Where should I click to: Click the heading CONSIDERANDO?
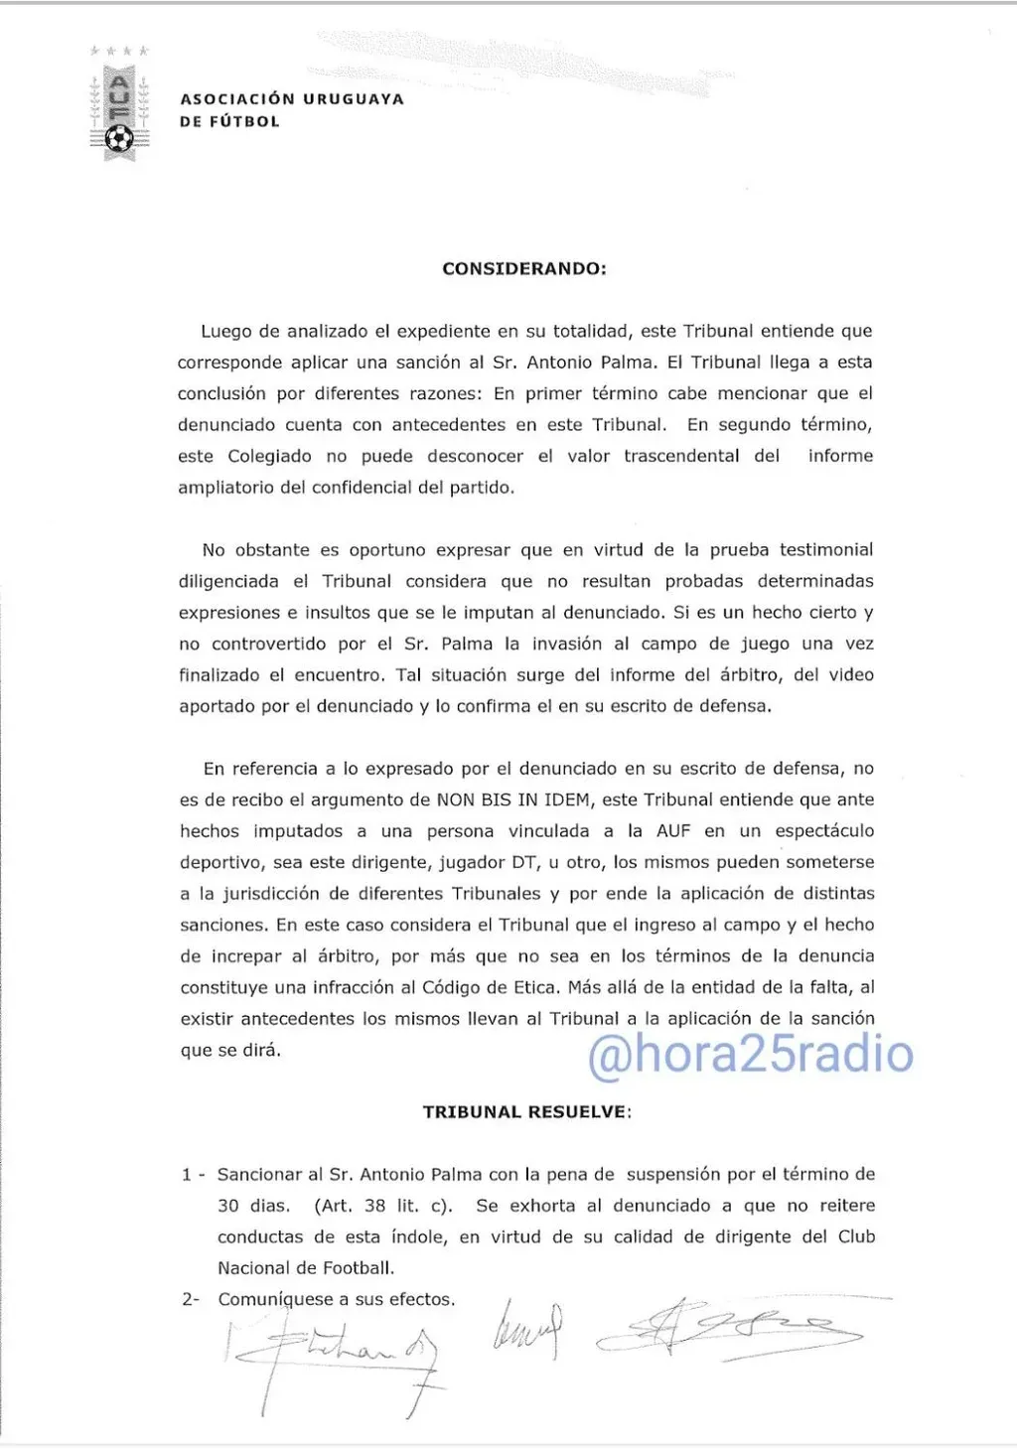pyautogui.click(x=523, y=268)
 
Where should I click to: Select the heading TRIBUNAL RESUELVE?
pyautogui.click(x=526, y=1111)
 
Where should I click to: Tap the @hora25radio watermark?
pyautogui.click(x=750, y=1054)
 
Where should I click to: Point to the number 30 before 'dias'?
pyautogui.click(x=228, y=1206)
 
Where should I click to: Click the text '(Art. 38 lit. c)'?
pyautogui.click(x=383, y=1206)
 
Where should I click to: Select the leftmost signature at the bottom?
pyautogui.click(x=333, y=1352)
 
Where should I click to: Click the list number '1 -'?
pyautogui.click(x=193, y=1175)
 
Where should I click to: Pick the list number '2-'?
pyautogui.click(x=191, y=1299)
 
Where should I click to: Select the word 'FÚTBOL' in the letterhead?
pyautogui.click(x=244, y=122)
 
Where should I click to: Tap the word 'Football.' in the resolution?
pyautogui.click(x=355, y=1268)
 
